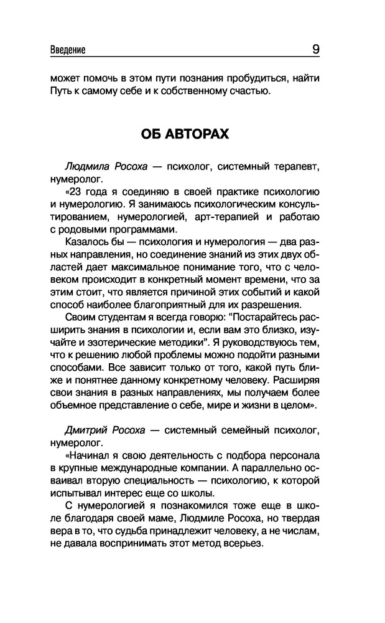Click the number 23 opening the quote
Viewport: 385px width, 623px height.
[x=78, y=189]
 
